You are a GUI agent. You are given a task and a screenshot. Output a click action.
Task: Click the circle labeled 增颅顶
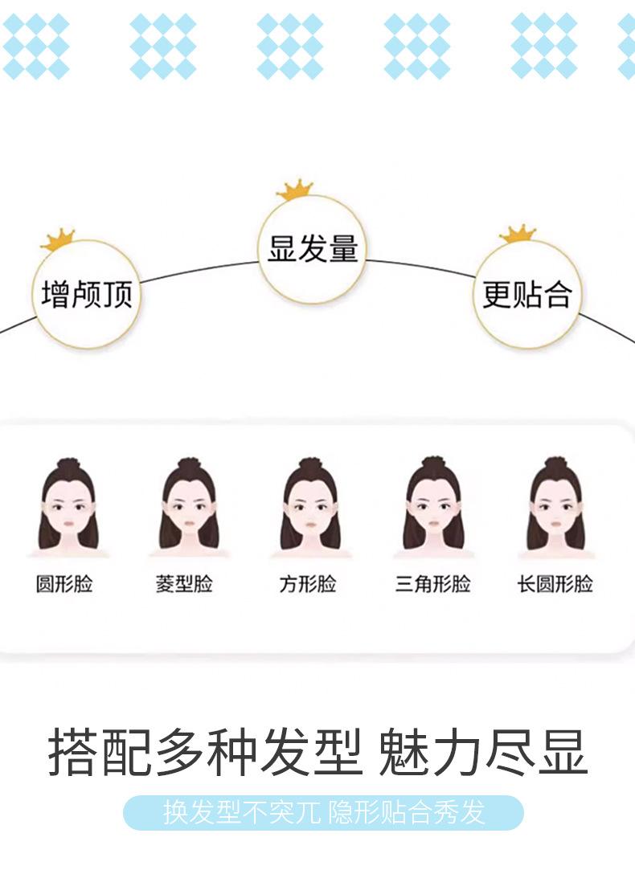(87, 294)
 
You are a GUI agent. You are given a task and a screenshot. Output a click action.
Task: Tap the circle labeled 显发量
(313, 249)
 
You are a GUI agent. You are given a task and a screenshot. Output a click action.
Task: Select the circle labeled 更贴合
(526, 294)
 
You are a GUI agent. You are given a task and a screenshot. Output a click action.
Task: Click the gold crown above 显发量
(295, 190)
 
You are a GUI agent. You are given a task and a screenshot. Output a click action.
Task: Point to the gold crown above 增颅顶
(58, 239)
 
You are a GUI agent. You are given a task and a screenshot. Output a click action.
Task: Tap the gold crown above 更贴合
(518, 234)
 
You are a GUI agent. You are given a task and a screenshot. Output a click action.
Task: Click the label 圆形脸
(64, 584)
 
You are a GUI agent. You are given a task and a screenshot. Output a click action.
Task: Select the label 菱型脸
(184, 584)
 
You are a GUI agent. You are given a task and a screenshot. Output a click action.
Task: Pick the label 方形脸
(308, 584)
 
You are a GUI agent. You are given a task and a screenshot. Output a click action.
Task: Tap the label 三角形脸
(433, 584)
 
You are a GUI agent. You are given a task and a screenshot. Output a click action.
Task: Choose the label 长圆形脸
(555, 584)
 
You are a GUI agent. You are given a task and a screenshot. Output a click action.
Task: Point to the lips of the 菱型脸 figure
(189, 523)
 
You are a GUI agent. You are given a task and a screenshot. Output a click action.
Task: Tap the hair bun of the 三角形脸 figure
(433, 463)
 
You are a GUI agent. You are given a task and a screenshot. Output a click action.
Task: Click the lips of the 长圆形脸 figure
(556, 523)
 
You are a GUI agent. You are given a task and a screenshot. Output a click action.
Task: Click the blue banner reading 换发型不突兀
(324, 813)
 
